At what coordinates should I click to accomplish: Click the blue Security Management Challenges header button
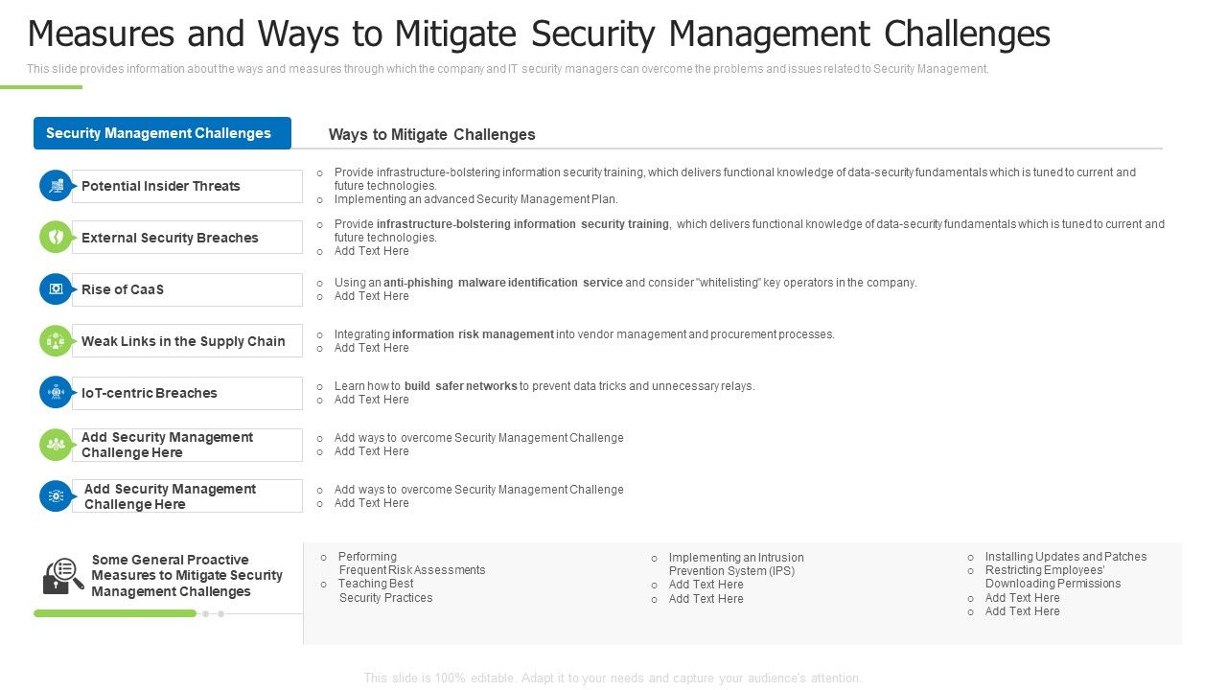(x=161, y=133)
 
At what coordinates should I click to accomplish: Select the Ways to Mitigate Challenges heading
(x=431, y=134)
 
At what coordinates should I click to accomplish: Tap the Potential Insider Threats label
(x=161, y=186)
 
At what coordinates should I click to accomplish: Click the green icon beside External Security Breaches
(x=56, y=238)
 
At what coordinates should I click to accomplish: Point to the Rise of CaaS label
(x=123, y=289)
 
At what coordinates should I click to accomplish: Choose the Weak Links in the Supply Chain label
(x=183, y=341)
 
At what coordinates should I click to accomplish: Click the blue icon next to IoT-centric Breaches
(x=56, y=393)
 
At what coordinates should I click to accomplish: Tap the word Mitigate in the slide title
(x=451, y=34)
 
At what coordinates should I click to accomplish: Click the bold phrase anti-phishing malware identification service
(x=502, y=283)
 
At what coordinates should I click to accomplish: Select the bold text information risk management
(x=473, y=334)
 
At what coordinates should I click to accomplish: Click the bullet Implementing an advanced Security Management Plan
(x=475, y=199)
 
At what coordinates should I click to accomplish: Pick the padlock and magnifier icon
(x=63, y=576)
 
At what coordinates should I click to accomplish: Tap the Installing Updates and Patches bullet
(x=1065, y=557)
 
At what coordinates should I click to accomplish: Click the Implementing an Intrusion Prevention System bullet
(x=735, y=564)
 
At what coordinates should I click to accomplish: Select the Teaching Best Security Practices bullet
(x=384, y=590)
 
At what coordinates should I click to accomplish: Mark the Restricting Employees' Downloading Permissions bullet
(x=1052, y=577)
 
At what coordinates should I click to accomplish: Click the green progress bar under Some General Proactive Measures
(x=115, y=613)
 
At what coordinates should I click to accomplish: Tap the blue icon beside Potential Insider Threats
(x=56, y=186)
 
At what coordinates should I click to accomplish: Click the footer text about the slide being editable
(x=613, y=678)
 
